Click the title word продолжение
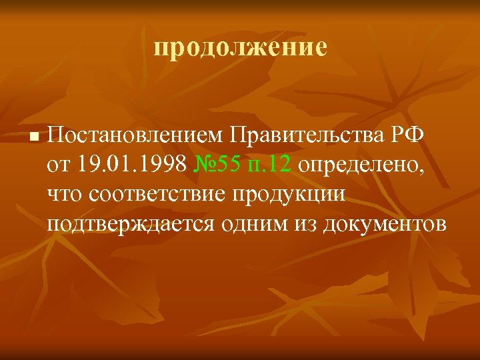tap(240, 48)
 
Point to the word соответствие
tap(153, 194)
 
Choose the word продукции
tap(289, 194)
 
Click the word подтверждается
tap(131, 223)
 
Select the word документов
tap(385, 223)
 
